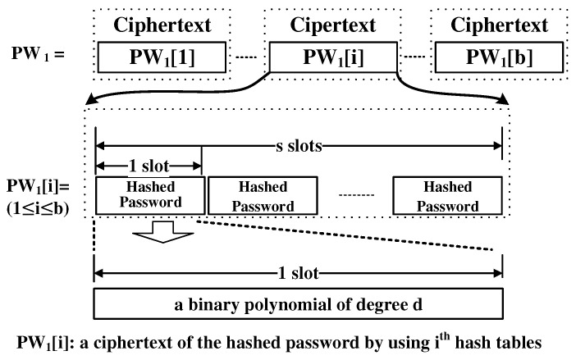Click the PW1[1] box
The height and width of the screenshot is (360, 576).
(162, 57)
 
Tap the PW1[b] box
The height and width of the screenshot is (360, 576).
(500, 57)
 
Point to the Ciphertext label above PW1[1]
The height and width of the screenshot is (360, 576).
(162, 25)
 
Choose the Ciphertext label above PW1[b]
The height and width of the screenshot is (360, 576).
(500, 25)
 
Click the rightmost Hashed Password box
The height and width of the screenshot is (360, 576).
(447, 195)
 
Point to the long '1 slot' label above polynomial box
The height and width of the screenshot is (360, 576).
(298, 271)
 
